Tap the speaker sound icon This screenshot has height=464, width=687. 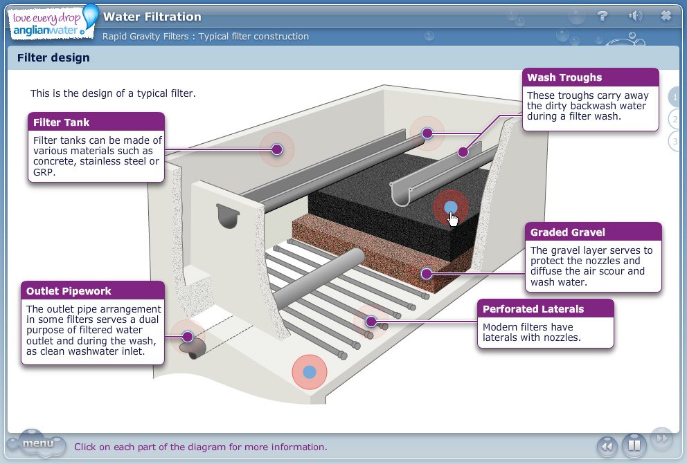(634, 16)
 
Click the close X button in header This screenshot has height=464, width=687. (666, 16)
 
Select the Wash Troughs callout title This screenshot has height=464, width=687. (564, 77)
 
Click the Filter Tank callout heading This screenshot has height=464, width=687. (62, 122)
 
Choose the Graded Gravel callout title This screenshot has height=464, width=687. (567, 232)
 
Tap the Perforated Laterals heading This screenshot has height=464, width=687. (533, 309)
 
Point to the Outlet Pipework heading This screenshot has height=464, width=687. (69, 291)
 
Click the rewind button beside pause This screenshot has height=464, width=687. (607, 446)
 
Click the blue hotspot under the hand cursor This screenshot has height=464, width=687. (451, 207)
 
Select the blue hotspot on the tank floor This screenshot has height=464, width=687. (309, 372)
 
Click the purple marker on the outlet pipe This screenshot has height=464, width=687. (188, 337)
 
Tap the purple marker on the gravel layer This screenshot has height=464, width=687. (427, 274)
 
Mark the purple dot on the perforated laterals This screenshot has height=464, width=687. (371, 321)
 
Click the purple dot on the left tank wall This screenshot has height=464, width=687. (277, 149)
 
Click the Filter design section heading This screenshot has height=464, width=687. (53, 58)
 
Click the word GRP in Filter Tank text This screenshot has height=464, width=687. (44, 172)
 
